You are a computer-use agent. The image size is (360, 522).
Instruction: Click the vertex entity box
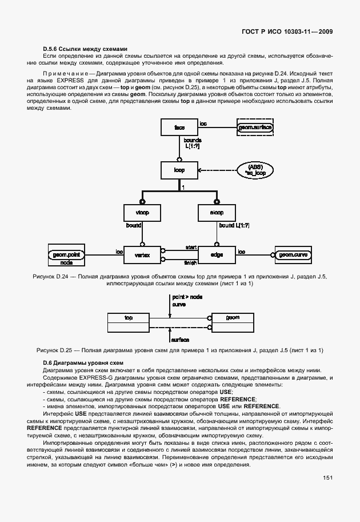point(142,255)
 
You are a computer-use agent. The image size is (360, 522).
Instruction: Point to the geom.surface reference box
point(255,126)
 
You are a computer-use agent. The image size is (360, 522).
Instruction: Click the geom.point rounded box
point(66,254)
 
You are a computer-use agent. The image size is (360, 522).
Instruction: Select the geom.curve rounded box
point(291,255)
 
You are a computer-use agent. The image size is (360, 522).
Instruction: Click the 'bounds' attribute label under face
point(191,140)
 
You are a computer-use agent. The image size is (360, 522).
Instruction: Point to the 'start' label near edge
point(190,247)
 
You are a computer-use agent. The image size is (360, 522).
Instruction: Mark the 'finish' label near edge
point(190,263)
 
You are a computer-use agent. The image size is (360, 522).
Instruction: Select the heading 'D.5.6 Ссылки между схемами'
point(84,48)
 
